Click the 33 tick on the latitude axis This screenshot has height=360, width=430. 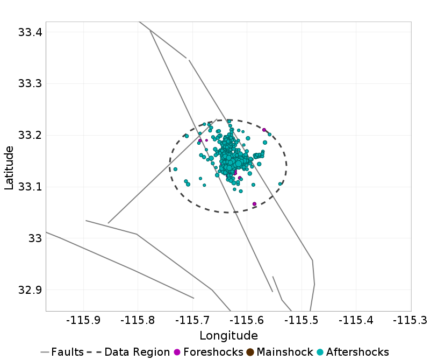pos(34,238)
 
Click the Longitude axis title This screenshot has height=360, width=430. pos(228,336)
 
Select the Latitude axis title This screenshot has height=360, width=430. pos(9,167)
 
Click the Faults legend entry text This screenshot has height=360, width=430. pos(67,352)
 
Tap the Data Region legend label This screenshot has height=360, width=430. pos(137,352)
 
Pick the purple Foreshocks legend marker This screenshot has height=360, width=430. pos(176,352)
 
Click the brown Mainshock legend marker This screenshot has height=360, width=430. pos(250,352)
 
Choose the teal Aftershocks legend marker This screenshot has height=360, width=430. pos(320,352)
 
